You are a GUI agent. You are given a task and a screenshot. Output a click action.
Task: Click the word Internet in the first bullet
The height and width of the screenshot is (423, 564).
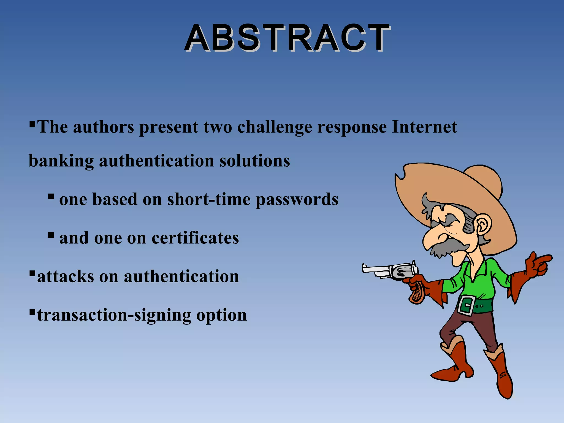pyautogui.click(x=424, y=127)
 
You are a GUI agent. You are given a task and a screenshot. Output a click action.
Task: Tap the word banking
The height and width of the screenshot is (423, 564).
pyautogui.click(x=61, y=161)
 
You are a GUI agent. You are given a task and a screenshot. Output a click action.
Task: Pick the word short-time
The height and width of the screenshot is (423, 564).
pyautogui.click(x=209, y=199)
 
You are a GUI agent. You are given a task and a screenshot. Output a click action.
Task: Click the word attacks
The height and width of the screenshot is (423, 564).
pyautogui.click(x=65, y=276)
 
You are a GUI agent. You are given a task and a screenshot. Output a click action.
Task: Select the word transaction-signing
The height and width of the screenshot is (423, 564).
pyautogui.click(x=114, y=316)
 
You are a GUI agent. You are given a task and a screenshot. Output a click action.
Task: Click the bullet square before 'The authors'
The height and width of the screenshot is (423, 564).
pyautogui.click(x=32, y=123)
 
